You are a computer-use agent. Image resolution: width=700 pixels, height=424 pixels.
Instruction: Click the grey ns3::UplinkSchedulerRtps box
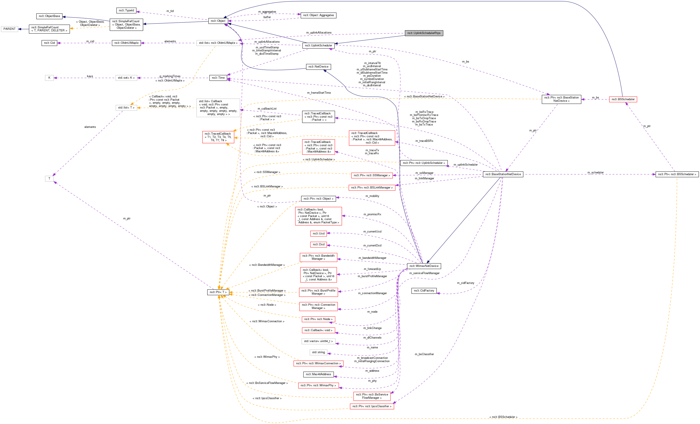[424, 33]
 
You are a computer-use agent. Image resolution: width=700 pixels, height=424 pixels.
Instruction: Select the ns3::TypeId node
[126, 10]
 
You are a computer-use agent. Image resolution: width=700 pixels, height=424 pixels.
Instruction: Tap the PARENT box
[9, 29]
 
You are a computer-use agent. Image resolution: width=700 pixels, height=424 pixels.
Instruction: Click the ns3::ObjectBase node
[49, 16]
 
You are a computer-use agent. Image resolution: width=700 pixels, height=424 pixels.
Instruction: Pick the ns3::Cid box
[49, 43]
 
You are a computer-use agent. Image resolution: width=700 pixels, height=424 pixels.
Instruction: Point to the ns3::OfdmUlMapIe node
[126, 43]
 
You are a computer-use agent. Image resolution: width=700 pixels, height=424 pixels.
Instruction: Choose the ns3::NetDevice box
[318, 67]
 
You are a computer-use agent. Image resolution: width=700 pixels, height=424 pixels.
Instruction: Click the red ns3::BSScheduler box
[623, 99]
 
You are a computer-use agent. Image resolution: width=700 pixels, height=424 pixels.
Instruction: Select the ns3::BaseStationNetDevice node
[503, 174]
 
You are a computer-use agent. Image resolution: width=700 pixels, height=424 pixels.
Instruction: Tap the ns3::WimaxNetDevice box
[424, 266]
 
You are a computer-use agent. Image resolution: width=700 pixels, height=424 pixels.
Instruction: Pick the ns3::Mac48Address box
[318, 374]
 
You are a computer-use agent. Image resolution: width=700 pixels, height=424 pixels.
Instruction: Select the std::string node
[318, 353]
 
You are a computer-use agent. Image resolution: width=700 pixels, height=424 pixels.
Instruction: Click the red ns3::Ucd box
[318, 233]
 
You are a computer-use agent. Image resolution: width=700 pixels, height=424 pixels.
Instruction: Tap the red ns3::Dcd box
[318, 244]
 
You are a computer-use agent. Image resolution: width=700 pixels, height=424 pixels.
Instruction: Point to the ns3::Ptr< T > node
[218, 292]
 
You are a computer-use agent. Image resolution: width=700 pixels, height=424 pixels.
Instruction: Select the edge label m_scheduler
[595, 173]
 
